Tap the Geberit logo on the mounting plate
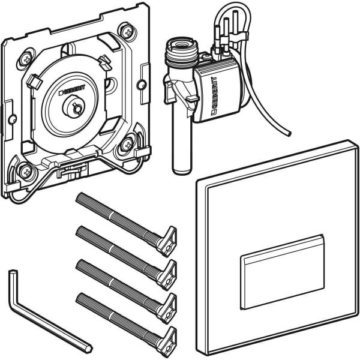click(72, 90)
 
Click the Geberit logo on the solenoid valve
click(214, 96)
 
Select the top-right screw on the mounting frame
click(127, 32)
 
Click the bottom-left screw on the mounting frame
click(26, 172)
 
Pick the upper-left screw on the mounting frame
click(26, 59)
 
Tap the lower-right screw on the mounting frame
click(127, 145)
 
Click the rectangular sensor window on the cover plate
click(283, 272)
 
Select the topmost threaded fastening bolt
click(126, 224)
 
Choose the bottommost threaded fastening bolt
click(126, 325)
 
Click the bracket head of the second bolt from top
click(167, 275)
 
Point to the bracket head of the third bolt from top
click(167, 308)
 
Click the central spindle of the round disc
click(74, 107)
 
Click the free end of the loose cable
click(289, 133)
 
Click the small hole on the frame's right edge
click(142, 85)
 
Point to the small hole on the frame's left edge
click(12, 119)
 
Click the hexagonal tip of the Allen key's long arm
click(88, 349)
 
